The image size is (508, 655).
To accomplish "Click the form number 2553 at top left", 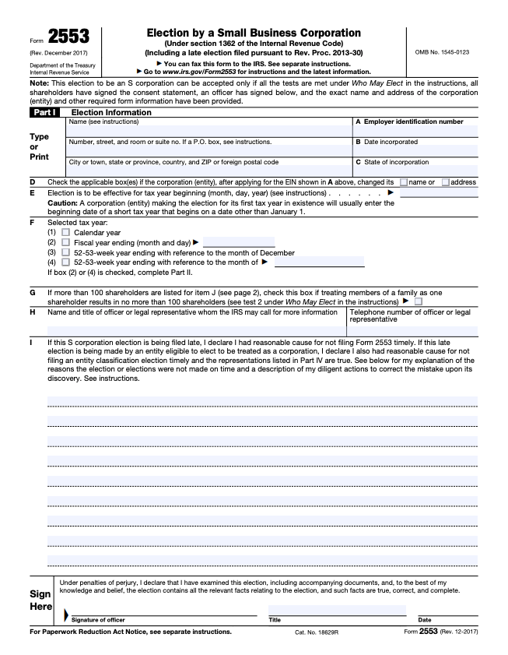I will (x=68, y=36).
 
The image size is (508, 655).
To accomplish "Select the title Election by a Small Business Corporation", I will (x=254, y=33).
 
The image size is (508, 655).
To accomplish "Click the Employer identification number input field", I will (x=415, y=132).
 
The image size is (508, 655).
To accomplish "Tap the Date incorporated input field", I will (x=415, y=151).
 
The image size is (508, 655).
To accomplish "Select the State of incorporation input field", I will (x=415, y=171).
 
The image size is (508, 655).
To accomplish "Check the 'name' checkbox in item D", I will (x=404, y=182).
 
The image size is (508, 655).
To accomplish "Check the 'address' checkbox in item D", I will (x=446, y=182).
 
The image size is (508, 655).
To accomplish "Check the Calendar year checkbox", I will (x=65, y=232).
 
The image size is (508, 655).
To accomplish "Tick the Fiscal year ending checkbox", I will (x=65, y=242).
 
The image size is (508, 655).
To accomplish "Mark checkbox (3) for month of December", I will (x=65, y=252).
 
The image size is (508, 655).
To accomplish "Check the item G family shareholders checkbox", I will (x=419, y=301).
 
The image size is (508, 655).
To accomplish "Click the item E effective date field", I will (x=438, y=192).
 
